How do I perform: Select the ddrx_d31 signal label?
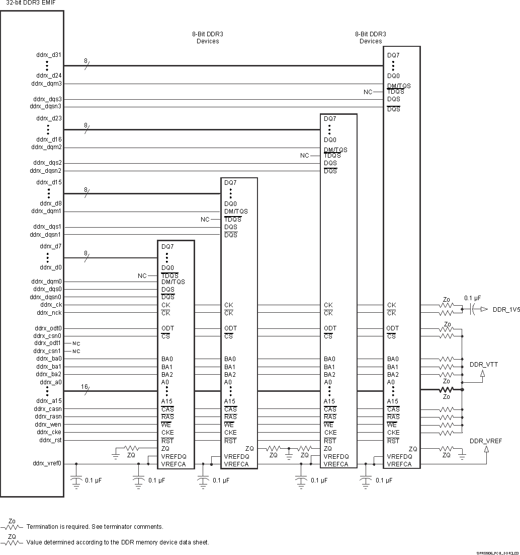[x=49, y=54]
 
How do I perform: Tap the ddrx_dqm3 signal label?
[x=46, y=84]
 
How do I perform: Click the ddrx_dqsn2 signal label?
[x=46, y=171]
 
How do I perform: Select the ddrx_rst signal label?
[x=50, y=440]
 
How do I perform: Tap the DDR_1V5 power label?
[x=505, y=309]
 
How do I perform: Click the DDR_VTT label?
[x=483, y=364]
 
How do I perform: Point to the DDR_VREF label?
[x=485, y=441]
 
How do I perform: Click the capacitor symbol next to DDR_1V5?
[x=473, y=309]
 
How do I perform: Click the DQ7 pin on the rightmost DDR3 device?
[x=393, y=55]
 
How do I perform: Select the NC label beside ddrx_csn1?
[x=76, y=351]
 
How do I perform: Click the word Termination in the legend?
[x=43, y=527]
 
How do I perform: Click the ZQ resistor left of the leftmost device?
[x=131, y=448]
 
